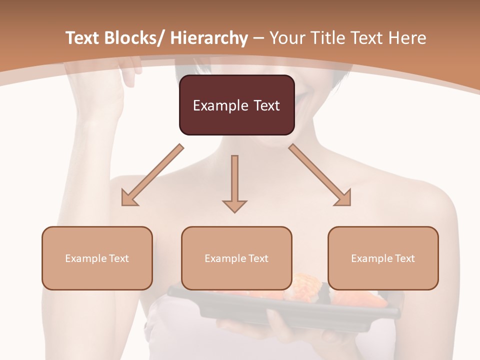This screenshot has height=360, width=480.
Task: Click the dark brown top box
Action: [x=236, y=105]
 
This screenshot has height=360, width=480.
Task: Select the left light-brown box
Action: [x=97, y=258]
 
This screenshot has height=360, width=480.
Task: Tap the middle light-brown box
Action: [x=236, y=258]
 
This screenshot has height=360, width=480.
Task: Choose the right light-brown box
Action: [x=383, y=258]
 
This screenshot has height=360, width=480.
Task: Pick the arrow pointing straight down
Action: [x=235, y=182]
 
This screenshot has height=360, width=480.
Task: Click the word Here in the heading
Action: [x=407, y=38]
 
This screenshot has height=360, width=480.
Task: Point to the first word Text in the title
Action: [x=82, y=38]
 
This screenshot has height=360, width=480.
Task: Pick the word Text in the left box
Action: [x=118, y=258]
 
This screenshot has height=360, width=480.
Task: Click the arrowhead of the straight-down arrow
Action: [x=235, y=205]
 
